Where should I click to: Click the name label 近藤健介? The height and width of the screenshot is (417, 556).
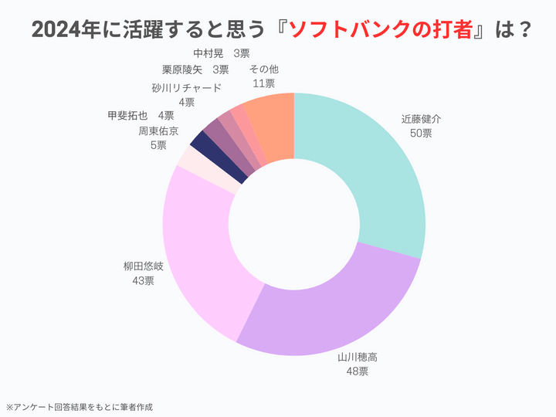(422, 120)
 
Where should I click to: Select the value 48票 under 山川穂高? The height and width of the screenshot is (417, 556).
(357, 371)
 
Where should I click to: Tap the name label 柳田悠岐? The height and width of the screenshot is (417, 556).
(144, 266)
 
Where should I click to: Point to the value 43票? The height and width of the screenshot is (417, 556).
(144, 280)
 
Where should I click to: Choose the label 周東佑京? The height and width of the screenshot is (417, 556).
(158, 131)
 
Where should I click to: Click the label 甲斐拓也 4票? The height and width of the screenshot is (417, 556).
(141, 116)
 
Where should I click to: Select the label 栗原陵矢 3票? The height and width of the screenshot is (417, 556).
(195, 69)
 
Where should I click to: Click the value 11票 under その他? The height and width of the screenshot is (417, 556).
(264, 83)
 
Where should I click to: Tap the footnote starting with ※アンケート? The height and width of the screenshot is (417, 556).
(85, 406)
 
